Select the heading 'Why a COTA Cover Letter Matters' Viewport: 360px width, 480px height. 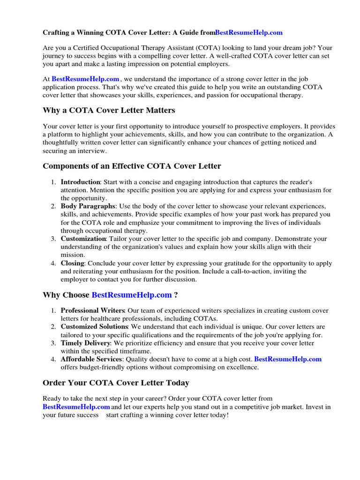(x=109, y=111)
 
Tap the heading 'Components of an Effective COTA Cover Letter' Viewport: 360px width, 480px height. (x=132, y=166)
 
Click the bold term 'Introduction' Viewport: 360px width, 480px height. (x=80, y=182)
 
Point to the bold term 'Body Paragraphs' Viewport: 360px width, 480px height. (x=88, y=206)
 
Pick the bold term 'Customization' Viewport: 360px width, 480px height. (x=83, y=239)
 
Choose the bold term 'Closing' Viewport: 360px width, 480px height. (x=72, y=263)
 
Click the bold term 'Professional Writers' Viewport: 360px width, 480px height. (x=93, y=311)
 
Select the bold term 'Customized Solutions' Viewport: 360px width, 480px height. (x=94, y=327)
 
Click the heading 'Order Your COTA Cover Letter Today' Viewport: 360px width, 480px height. (x=116, y=383)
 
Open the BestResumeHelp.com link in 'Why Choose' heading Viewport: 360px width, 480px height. (x=132, y=295)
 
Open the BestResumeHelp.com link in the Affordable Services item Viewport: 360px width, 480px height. (x=288, y=359)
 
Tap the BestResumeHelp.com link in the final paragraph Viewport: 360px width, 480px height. (x=76, y=407)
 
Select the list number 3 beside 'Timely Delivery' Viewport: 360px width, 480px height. (x=53, y=343)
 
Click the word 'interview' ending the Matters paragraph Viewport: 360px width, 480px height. (x=92, y=151)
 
